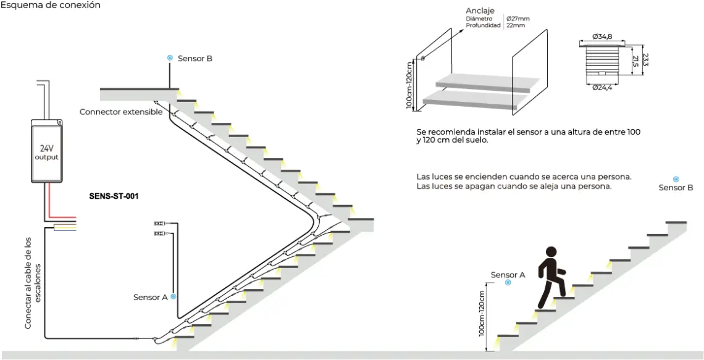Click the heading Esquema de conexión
[x=51, y=5]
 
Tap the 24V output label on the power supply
[x=46, y=153]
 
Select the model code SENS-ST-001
[x=114, y=197]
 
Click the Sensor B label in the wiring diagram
[x=195, y=59]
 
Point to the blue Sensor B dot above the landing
[x=169, y=58]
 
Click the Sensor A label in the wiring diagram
[x=150, y=297]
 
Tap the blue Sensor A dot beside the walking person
[x=508, y=282]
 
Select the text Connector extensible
[x=121, y=112]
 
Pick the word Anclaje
[x=480, y=11]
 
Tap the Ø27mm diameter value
[x=518, y=19]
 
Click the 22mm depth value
[x=515, y=26]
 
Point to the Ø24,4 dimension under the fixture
[x=601, y=88]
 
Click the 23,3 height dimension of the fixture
[x=645, y=60]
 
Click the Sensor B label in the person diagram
[x=671, y=188]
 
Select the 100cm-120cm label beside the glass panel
[x=409, y=84]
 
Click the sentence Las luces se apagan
[x=514, y=186]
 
